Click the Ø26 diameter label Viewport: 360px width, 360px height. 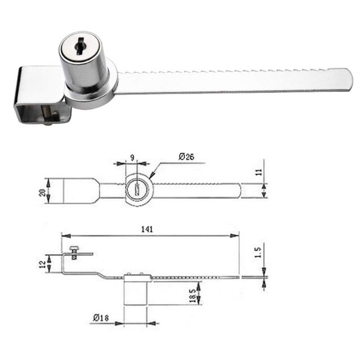coord(186,157)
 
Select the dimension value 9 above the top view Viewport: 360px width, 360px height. coord(132,158)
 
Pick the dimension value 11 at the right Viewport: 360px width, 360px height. coord(259,172)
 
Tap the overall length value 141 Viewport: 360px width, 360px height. coord(147,229)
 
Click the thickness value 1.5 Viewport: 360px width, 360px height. coord(258,252)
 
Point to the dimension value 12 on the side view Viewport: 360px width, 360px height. coord(43,265)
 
